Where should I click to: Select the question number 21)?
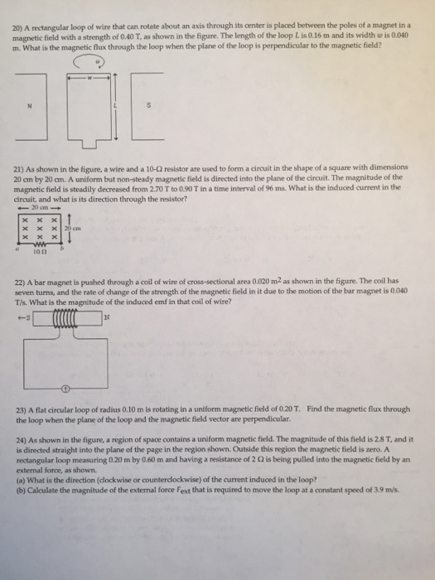click(19, 168)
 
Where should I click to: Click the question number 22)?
click(19, 282)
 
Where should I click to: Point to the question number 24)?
click(19, 439)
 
